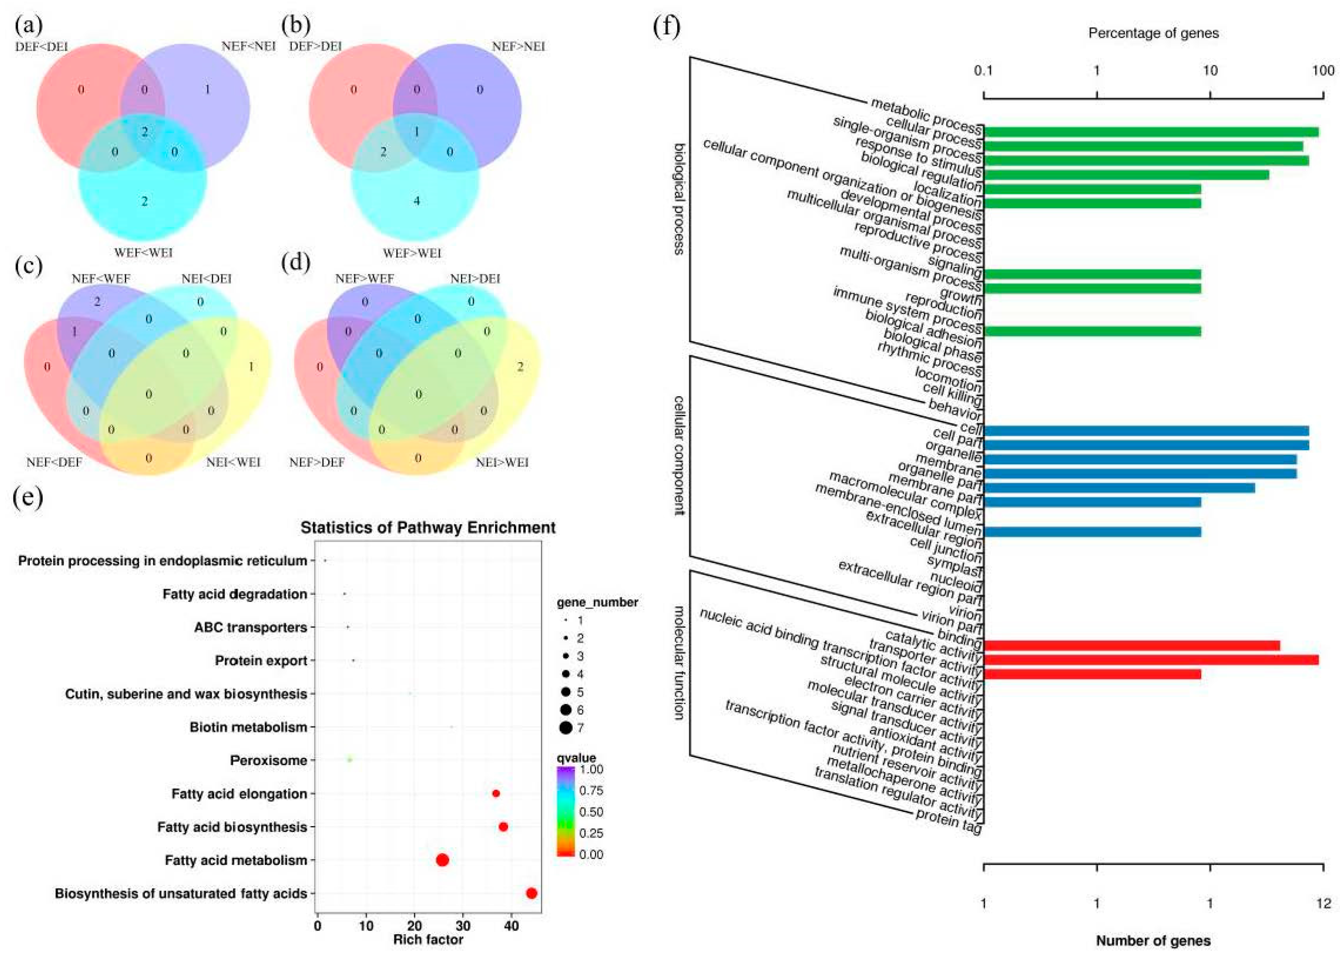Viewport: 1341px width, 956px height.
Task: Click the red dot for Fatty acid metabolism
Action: point(442,860)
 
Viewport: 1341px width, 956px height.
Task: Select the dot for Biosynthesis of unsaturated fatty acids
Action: point(531,893)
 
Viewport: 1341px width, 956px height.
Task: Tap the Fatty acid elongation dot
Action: point(496,794)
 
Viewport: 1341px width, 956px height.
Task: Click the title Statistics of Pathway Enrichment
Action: point(428,527)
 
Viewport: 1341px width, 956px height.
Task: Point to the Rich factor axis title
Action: point(428,940)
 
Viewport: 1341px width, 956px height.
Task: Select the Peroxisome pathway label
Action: point(269,760)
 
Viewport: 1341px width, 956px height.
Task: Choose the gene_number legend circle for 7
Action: point(566,728)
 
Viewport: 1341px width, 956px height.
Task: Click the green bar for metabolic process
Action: point(1148,132)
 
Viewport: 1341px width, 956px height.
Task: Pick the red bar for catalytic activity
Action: point(1148,659)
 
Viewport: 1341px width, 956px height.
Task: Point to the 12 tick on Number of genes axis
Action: point(1323,903)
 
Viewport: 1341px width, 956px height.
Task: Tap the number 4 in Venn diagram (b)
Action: point(416,201)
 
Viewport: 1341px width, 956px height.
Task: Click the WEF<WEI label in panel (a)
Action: point(144,253)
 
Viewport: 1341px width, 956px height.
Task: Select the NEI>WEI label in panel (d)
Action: point(502,462)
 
